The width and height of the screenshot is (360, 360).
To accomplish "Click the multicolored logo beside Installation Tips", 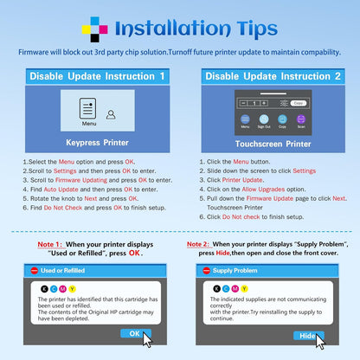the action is pyautogui.click(x=94, y=29).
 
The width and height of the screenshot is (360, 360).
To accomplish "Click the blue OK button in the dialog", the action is pyautogui.click(x=135, y=333).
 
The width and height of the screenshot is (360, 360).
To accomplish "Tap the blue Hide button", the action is pyautogui.click(x=308, y=336).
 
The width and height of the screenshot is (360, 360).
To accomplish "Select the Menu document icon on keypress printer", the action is pyautogui.click(x=87, y=108).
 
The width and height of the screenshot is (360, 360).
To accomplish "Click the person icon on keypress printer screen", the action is pyautogui.click(x=111, y=114).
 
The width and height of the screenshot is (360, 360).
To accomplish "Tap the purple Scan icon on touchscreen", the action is pyautogui.click(x=301, y=119).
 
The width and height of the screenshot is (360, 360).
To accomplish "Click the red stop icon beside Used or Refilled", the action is pyautogui.click(x=35, y=271).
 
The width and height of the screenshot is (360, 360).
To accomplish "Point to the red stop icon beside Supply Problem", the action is pyautogui.click(x=207, y=271).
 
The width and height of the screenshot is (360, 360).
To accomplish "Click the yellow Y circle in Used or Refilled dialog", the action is pyautogui.click(x=72, y=289).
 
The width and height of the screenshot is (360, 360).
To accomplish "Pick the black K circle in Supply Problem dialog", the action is pyautogui.click(x=217, y=289).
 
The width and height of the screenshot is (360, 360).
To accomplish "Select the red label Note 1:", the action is pyautogui.click(x=49, y=244).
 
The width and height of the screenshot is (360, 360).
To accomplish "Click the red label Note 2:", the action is pyautogui.click(x=198, y=244).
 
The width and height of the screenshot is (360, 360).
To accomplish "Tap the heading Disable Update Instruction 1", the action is pyautogui.click(x=97, y=76).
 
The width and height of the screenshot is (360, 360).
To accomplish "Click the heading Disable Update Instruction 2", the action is pyautogui.click(x=273, y=76).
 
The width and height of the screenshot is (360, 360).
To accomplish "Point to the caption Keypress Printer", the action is pyautogui.click(x=97, y=143).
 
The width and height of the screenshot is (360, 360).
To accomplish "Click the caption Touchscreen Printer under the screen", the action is pyautogui.click(x=273, y=144).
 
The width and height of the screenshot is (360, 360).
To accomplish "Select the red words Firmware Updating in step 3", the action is pyautogui.click(x=81, y=180).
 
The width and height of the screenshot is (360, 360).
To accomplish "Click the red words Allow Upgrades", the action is pyautogui.click(x=263, y=190).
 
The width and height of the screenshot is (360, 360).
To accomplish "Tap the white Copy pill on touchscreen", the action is pyautogui.click(x=299, y=103).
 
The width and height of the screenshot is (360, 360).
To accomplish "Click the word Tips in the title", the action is pyautogui.click(x=257, y=29).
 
